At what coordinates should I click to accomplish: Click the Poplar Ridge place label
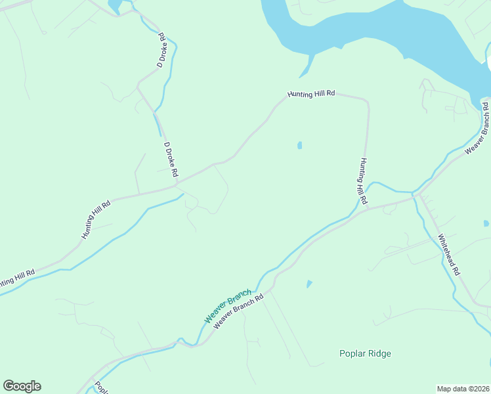pos(365,354)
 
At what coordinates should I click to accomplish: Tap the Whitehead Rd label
pos(450,255)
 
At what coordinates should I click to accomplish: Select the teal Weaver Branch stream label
pos(227,306)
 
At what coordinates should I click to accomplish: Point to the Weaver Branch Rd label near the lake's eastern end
pos(478,128)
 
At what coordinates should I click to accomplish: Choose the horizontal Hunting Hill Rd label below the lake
pos(311,94)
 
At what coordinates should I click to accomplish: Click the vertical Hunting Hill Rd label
pos(363,180)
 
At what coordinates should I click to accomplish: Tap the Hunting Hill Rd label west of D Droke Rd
pos(96,219)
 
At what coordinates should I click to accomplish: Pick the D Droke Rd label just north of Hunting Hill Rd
pos(171,160)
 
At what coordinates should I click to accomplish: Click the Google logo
pos(22,386)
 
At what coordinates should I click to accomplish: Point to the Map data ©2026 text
pos(462,389)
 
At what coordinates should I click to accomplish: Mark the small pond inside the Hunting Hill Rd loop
pos(299,145)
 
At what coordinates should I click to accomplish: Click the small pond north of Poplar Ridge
pos(309,284)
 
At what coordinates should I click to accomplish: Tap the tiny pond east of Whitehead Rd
pos(486,223)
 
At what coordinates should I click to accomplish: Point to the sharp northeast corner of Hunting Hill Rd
pos(367,102)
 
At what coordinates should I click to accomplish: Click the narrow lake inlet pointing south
pos(308,68)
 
